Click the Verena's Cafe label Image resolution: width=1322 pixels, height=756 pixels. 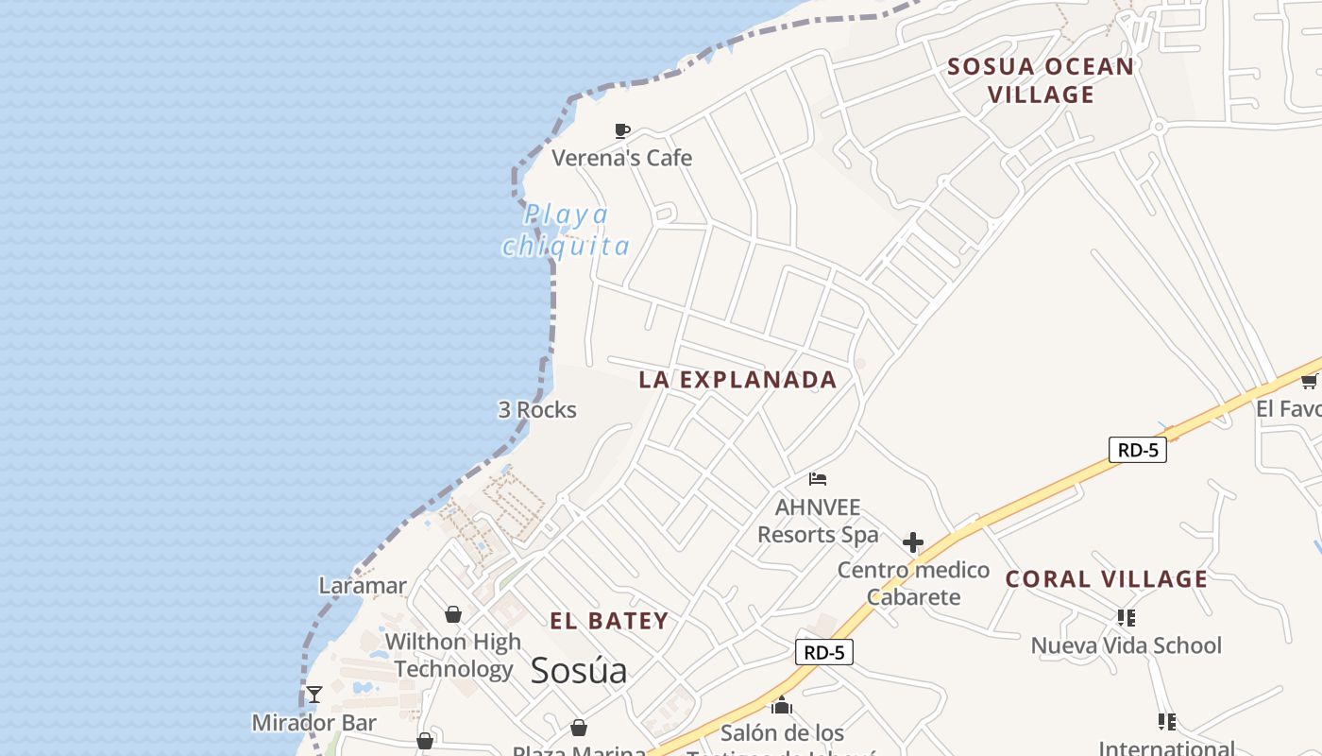click(x=621, y=158)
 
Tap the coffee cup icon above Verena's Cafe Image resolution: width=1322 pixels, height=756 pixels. click(x=621, y=130)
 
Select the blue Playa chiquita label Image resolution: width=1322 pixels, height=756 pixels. click(x=566, y=231)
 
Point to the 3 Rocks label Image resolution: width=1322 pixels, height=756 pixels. click(x=537, y=409)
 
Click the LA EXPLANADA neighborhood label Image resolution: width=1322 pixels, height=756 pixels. click(x=737, y=380)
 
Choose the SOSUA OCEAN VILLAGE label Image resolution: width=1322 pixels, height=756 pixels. click(x=1041, y=80)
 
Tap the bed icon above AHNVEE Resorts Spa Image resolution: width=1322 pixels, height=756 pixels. click(x=818, y=479)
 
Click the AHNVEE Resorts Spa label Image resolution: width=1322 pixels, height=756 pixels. click(x=818, y=521)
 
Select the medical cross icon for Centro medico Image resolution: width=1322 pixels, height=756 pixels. click(x=912, y=542)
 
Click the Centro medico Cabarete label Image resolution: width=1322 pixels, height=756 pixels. click(x=913, y=583)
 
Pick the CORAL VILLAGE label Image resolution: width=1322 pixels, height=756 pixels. click(x=1107, y=579)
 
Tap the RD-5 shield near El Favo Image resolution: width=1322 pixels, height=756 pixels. click(x=1137, y=450)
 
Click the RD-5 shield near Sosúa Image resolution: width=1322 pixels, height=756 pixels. click(x=823, y=652)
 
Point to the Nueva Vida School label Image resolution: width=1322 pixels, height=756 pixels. click(x=1126, y=645)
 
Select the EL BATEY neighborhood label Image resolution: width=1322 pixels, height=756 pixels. click(x=609, y=621)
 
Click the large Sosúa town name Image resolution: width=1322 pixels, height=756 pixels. click(x=579, y=670)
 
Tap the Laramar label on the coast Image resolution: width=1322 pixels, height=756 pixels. click(x=363, y=586)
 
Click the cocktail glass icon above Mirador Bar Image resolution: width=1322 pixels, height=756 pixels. click(x=314, y=695)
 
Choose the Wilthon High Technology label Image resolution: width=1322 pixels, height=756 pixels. click(x=453, y=655)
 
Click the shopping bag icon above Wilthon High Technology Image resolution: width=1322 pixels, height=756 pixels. click(x=453, y=614)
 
